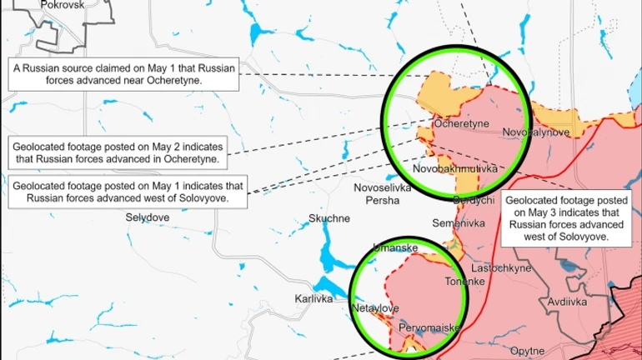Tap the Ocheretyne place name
pos(460,123)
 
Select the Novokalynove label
pos(536,132)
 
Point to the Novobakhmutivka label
pos(455,169)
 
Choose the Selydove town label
pos(148,217)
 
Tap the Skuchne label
pos(329,218)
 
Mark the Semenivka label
pos(458,223)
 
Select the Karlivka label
pos(314,298)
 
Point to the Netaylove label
pos(376,308)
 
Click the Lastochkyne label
pos(501,268)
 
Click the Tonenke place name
pos(464,282)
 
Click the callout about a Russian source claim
pos(123,72)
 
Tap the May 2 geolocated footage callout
pos(117,151)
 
